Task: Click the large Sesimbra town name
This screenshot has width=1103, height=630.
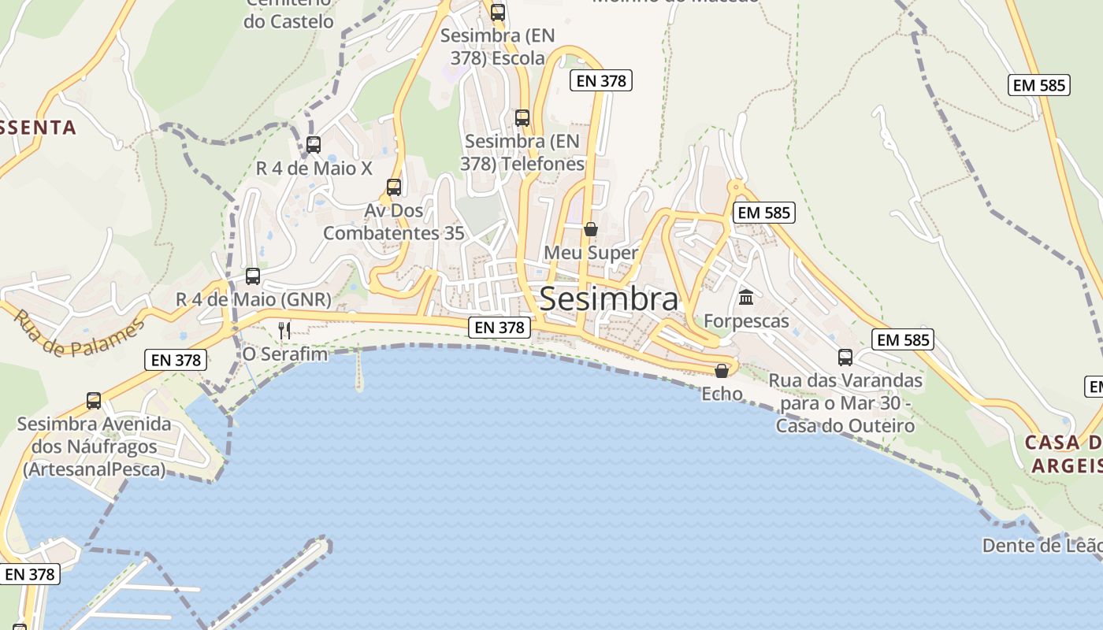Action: [608, 299]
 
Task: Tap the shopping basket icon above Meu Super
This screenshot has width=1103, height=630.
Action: [590, 229]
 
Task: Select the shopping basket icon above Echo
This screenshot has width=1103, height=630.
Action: [722, 370]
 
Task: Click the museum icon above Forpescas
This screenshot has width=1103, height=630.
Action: [746, 297]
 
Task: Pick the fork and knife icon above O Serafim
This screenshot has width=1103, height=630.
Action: [284, 330]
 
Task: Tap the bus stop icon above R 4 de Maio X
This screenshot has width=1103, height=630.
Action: [314, 145]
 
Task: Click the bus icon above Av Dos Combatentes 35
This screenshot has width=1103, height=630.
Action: [394, 187]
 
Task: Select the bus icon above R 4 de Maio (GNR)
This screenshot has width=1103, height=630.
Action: [253, 276]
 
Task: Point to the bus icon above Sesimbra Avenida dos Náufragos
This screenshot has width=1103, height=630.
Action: [94, 401]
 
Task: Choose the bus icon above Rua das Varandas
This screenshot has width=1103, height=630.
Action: [845, 358]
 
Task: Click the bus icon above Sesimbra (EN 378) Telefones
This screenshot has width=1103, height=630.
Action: [522, 118]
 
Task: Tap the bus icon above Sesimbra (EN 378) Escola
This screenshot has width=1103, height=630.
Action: [498, 13]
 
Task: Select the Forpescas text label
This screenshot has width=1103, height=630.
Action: [746, 321]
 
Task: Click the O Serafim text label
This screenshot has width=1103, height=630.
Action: [284, 354]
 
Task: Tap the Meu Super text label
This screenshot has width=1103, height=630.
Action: [591, 253]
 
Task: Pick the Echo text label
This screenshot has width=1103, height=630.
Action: [722, 394]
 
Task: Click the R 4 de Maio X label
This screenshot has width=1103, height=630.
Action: [314, 169]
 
